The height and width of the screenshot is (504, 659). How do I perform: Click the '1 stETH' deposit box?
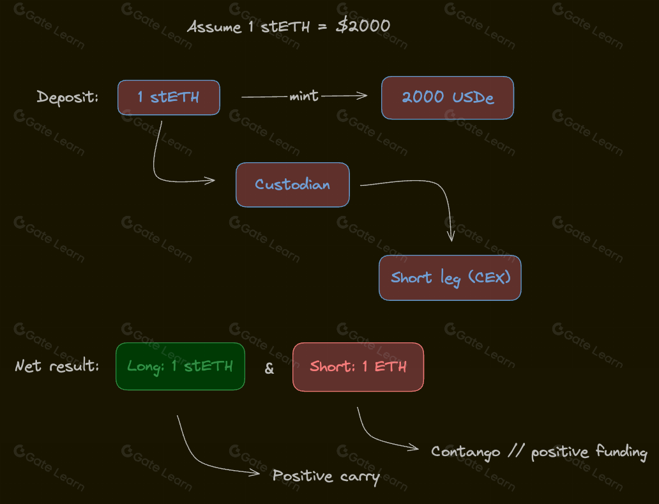coord(169,97)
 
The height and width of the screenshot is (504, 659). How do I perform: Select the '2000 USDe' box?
coord(447,98)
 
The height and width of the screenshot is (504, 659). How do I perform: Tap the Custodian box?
coord(292,185)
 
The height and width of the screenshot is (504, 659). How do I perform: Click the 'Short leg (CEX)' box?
coord(450,278)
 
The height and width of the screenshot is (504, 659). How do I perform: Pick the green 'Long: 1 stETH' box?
coord(180,366)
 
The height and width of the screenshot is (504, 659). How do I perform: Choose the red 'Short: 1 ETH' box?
coord(358,367)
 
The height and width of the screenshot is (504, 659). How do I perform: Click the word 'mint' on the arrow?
coord(304,96)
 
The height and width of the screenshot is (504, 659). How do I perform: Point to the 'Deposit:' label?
coord(68,97)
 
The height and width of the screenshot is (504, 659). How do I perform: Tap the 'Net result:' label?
coord(57,367)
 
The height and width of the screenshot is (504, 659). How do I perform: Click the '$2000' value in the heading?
coord(363,26)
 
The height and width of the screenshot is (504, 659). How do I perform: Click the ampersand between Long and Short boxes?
coord(269,369)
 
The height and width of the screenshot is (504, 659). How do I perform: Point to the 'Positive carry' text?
coord(326,476)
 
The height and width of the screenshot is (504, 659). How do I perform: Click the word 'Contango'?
coord(466,452)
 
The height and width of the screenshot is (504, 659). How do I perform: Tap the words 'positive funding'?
coord(589,452)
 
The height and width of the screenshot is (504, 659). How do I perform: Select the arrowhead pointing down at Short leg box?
coord(451,238)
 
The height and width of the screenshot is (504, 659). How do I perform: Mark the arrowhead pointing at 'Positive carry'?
coord(257,473)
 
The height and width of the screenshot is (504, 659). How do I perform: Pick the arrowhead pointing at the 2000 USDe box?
coord(365,96)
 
